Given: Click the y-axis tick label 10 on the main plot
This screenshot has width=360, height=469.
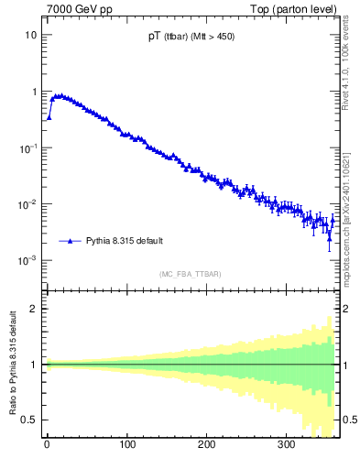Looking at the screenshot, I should click(x=30, y=35).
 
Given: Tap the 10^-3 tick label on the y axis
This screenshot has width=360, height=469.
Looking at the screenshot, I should click(x=28, y=260).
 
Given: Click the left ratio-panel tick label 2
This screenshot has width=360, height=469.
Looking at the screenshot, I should click(x=34, y=308).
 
